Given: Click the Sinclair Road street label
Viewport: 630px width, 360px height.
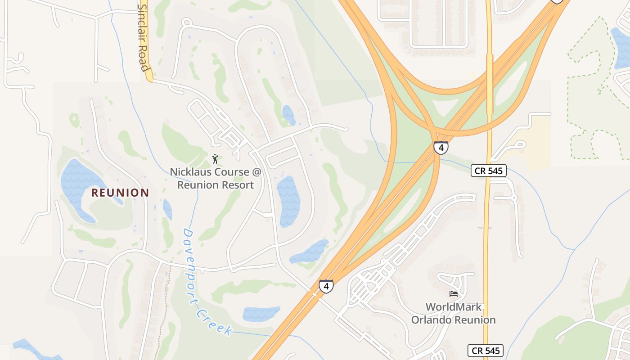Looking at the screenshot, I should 144,38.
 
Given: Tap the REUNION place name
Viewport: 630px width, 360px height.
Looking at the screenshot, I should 120,193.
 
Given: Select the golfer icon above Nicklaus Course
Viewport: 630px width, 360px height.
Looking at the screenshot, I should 216,159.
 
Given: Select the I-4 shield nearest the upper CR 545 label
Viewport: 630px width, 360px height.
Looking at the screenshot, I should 441,147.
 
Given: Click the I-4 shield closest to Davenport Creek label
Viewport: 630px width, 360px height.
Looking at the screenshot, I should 326,286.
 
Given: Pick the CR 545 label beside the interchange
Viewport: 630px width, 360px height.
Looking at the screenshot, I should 489,171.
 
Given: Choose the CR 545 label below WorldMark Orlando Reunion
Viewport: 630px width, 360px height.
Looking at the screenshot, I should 485,351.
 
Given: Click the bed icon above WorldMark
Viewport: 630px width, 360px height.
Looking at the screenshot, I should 454,294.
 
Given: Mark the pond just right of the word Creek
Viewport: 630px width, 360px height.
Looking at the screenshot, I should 261,314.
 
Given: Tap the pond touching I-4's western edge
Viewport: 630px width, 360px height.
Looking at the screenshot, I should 310,252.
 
